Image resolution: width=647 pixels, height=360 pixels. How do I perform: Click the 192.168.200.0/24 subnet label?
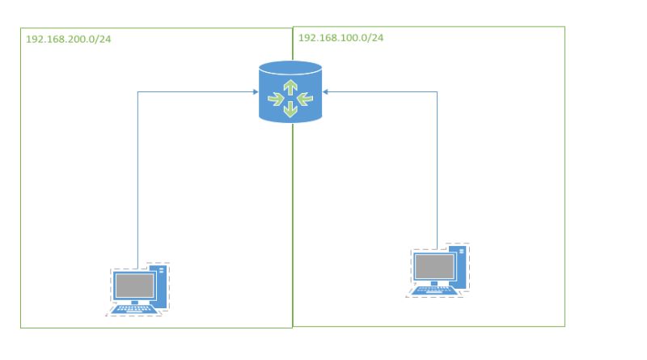click(68, 39)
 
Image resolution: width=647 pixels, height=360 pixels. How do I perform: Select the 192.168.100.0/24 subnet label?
click(340, 38)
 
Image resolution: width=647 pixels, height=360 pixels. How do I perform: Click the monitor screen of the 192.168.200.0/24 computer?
click(134, 284)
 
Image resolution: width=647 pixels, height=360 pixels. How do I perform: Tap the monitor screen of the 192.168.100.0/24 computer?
click(434, 266)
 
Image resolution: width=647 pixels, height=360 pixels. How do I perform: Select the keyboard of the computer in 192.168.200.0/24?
click(133, 309)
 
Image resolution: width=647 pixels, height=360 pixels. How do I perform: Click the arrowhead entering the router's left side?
click(255, 91)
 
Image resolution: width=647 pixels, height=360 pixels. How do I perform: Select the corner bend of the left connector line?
click(138, 91)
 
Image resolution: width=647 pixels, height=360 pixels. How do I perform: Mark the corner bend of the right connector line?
click(438, 91)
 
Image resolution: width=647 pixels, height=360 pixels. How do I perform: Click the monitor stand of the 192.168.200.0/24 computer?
click(134, 301)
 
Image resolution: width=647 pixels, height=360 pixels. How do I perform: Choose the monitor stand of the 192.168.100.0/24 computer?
click(434, 283)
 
